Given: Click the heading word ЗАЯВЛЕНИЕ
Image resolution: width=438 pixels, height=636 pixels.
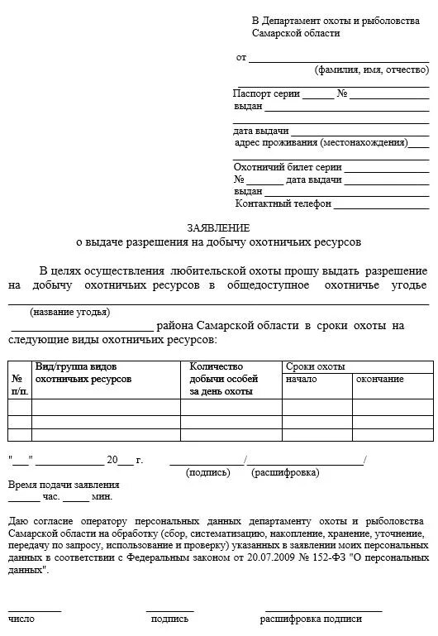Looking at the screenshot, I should point(217,227).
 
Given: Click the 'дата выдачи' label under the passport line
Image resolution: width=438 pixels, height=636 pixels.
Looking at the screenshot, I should point(260,131).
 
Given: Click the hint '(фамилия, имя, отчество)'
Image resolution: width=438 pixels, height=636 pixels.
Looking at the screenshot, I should point(371,70).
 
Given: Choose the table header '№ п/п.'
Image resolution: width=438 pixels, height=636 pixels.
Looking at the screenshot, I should point(20,384).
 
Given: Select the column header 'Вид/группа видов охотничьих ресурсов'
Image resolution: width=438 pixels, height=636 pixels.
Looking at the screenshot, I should point(83,372).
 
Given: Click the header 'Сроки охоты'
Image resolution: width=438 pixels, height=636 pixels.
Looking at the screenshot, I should point(315,366).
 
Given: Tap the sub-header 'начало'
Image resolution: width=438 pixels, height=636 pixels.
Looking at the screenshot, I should point(301,379).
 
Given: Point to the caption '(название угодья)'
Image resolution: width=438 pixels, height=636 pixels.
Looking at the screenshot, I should point(69,312).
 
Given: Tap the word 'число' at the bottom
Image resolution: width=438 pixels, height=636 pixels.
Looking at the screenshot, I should point(21,618).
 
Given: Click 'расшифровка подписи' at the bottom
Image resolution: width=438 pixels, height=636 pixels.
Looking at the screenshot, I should point(311,618).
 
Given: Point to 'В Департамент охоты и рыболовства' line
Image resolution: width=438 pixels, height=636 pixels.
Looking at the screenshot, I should point(336,20).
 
